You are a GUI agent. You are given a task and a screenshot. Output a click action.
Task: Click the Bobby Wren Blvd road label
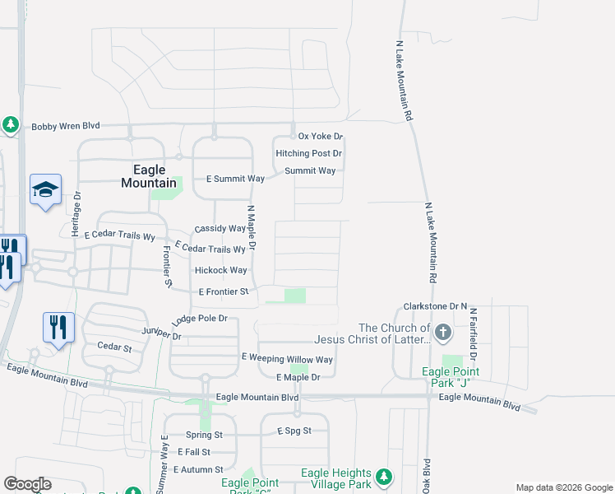66,126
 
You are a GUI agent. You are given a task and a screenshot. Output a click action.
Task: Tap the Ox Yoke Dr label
320,136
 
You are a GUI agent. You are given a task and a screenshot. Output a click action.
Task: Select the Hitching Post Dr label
308,153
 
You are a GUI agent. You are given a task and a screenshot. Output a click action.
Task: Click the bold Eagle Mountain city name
149,176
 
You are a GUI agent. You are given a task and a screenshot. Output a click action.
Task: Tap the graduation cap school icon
45,189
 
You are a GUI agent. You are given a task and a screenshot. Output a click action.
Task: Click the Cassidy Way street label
220,229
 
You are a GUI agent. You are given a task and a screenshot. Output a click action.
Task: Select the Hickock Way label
220,270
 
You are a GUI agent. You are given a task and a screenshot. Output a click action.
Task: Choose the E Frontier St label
224,292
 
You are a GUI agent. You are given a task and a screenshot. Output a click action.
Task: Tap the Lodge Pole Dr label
199,319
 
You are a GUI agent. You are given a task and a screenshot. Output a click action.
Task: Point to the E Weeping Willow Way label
287,359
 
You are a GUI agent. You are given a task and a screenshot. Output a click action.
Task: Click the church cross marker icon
443,333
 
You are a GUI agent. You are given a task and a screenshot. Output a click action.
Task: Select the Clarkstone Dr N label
435,306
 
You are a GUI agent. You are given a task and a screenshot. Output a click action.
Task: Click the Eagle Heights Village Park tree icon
383,477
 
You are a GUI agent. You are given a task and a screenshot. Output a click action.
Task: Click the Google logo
27,484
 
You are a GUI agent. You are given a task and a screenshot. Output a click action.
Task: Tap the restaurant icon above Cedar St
58,327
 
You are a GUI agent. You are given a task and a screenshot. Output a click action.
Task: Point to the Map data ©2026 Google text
563,487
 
